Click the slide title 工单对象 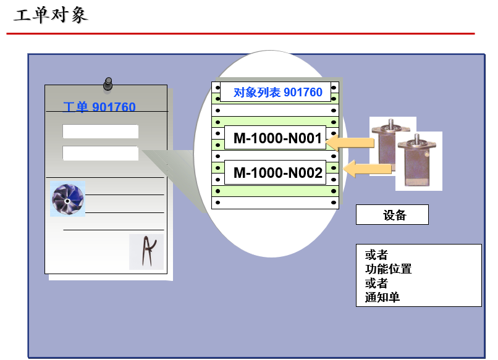(x=51, y=15)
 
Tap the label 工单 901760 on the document (x=99, y=107)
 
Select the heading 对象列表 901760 (x=278, y=93)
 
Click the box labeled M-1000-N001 (x=278, y=139)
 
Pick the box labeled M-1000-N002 (x=278, y=173)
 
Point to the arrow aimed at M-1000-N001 (x=350, y=143)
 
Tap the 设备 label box (x=392, y=215)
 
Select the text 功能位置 (x=388, y=269)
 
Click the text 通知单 (x=382, y=297)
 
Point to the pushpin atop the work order (x=108, y=82)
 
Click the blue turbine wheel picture (x=67, y=198)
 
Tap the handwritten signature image (x=146, y=251)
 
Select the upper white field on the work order (x=100, y=132)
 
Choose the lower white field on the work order (x=100, y=153)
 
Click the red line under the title (x=240, y=33)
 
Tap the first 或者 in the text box (x=376, y=254)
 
